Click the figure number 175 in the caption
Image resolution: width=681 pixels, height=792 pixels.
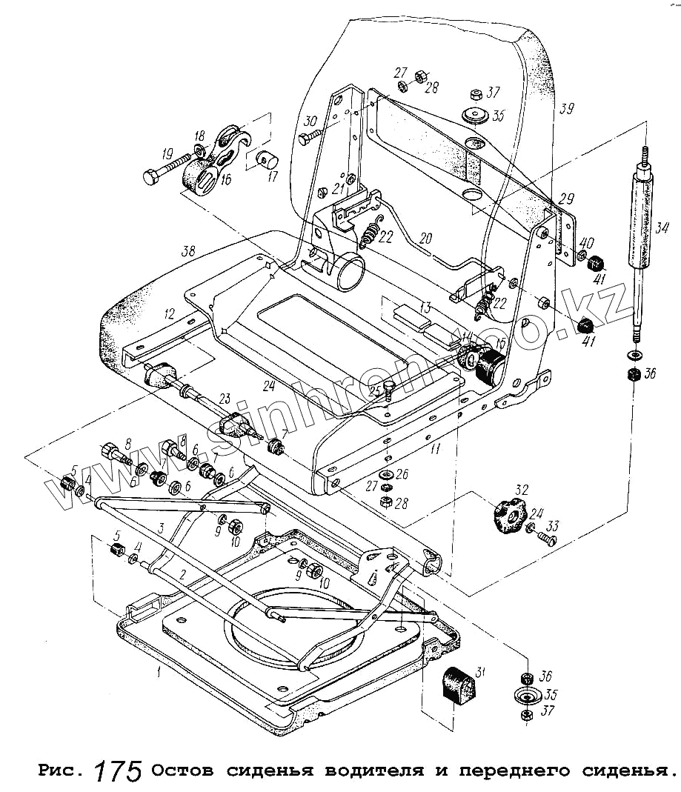click(118, 771)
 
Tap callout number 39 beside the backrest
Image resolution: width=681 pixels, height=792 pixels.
click(567, 109)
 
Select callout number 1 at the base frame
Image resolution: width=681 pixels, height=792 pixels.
click(158, 673)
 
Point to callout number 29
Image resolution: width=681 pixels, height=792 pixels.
click(566, 199)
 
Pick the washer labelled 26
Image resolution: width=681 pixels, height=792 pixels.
click(385, 474)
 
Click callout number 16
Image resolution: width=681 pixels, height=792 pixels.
click(225, 178)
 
